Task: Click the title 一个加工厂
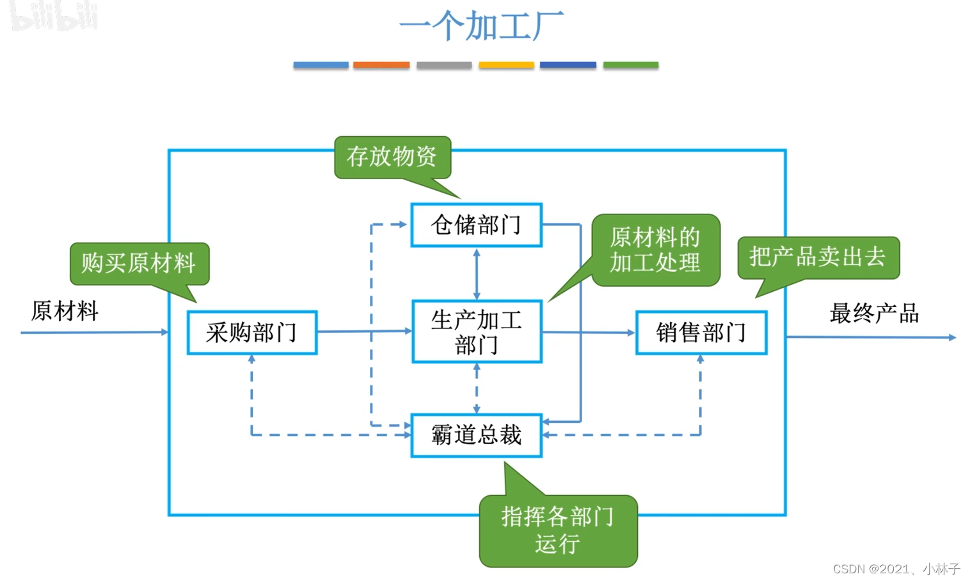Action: point(481,26)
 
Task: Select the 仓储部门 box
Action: point(476,225)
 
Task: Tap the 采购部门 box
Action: point(251,333)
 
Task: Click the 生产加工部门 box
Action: point(477,332)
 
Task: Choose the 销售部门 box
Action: point(701,333)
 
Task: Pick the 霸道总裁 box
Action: point(476,435)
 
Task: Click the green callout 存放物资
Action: point(392,157)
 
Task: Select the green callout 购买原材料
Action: point(139,263)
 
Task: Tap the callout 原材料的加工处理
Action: point(655,250)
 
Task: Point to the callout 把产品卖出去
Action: point(818,257)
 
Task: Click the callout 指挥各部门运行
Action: point(558,530)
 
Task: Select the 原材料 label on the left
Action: point(65,312)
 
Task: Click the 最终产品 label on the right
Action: point(874,314)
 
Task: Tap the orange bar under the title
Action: point(381,65)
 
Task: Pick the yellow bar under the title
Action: point(506,65)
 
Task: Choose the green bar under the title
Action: point(630,65)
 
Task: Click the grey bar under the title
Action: point(444,65)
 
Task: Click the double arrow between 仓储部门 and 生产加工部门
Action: point(477,274)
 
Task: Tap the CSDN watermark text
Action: point(896,569)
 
